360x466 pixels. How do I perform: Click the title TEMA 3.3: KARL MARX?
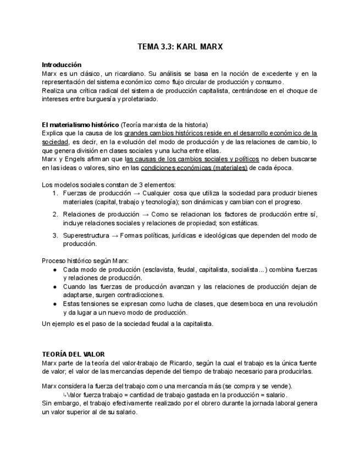pyautogui.click(x=180, y=47)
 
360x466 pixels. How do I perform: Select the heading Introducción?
pyautogui.click(x=62, y=65)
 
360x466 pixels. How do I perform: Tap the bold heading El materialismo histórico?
pyautogui.click(x=80, y=125)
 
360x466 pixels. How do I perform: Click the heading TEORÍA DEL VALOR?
pyautogui.click(x=73, y=354)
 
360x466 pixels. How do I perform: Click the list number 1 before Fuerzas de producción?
pyautogui.click(x=55, y=193)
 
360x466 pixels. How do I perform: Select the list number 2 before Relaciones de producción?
pyautogui.click(x=55, y=214)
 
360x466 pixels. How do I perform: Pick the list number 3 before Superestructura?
pyautogui.click(x=55, y=235)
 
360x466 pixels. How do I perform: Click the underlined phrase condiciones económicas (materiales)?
pyautogui.click(x=194, y=168)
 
